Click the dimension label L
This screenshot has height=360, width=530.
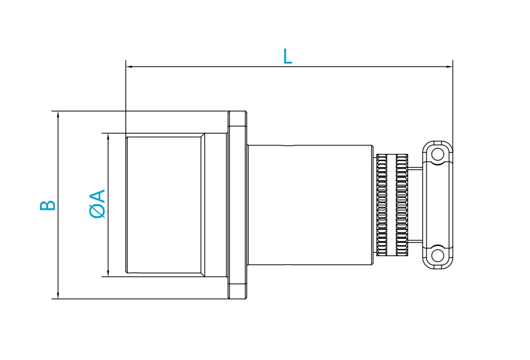(x=288, y=56)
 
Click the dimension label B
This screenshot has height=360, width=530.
(x=48, y=205)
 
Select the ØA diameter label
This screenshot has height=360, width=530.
(x=98, y=204)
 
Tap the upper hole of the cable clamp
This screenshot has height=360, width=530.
(x=438, y=154)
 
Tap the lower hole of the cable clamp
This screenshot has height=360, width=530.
(x=438, y=255)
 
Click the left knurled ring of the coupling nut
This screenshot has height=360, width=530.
(x=381, y=205)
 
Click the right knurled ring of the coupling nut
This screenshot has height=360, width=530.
(x=402, y=205)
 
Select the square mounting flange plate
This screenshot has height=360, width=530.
(x=238, y=205)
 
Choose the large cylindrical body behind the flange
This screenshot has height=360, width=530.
(x=309, y=205)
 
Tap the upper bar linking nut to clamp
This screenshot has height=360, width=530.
(x=415, y=169)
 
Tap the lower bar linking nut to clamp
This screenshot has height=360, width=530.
(x=415, y=241)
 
